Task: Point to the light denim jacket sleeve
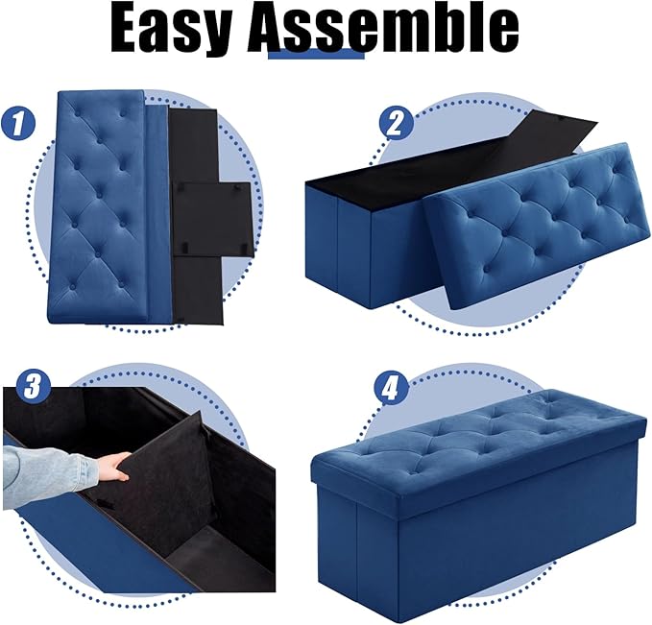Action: point(48,469)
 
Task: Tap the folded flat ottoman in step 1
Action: point(101,206)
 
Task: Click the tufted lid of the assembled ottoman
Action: point(480,432)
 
